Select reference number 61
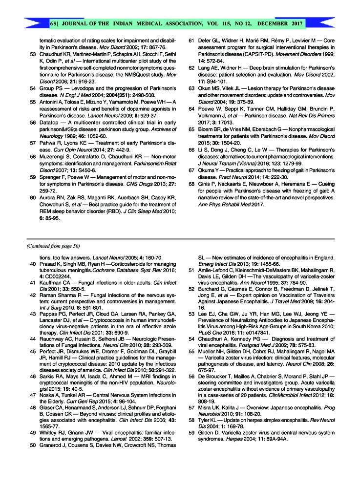point(192,43)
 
